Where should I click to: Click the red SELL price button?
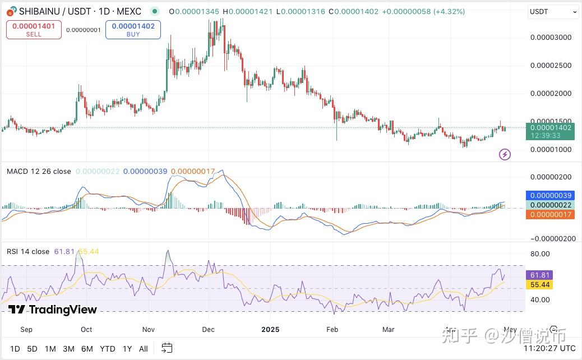click(34, 29)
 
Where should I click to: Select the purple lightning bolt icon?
click(505, 154)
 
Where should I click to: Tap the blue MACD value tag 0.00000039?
click(549, 196)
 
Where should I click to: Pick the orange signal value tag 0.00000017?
click(549, 214)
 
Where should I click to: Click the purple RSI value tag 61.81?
click(538, 275)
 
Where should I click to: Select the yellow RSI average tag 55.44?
click(538, 285)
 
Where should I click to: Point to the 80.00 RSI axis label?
click(539, 253)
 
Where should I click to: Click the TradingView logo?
click(53, 310)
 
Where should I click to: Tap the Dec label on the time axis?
click(209, 330)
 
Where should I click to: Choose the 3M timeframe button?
click(68, 349)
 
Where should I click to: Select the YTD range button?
click(107, 349)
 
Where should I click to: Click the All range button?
click(143, 349)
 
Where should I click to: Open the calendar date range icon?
click(167, 348)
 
